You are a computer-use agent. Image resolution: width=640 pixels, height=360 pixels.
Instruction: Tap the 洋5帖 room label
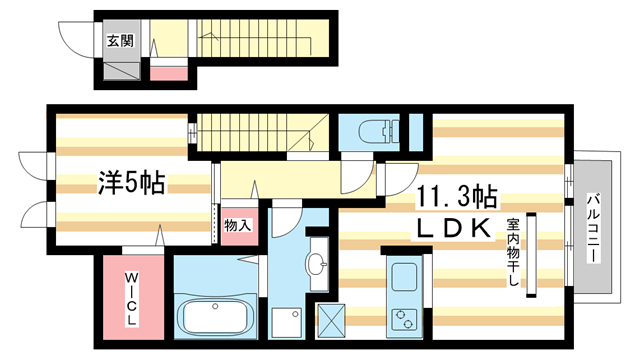[131, 184]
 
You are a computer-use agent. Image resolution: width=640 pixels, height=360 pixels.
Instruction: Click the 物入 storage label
[237, 226]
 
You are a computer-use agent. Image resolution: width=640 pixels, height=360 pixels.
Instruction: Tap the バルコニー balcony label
[593, 227]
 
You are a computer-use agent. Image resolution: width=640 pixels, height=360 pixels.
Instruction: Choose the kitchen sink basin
[405, 275]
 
